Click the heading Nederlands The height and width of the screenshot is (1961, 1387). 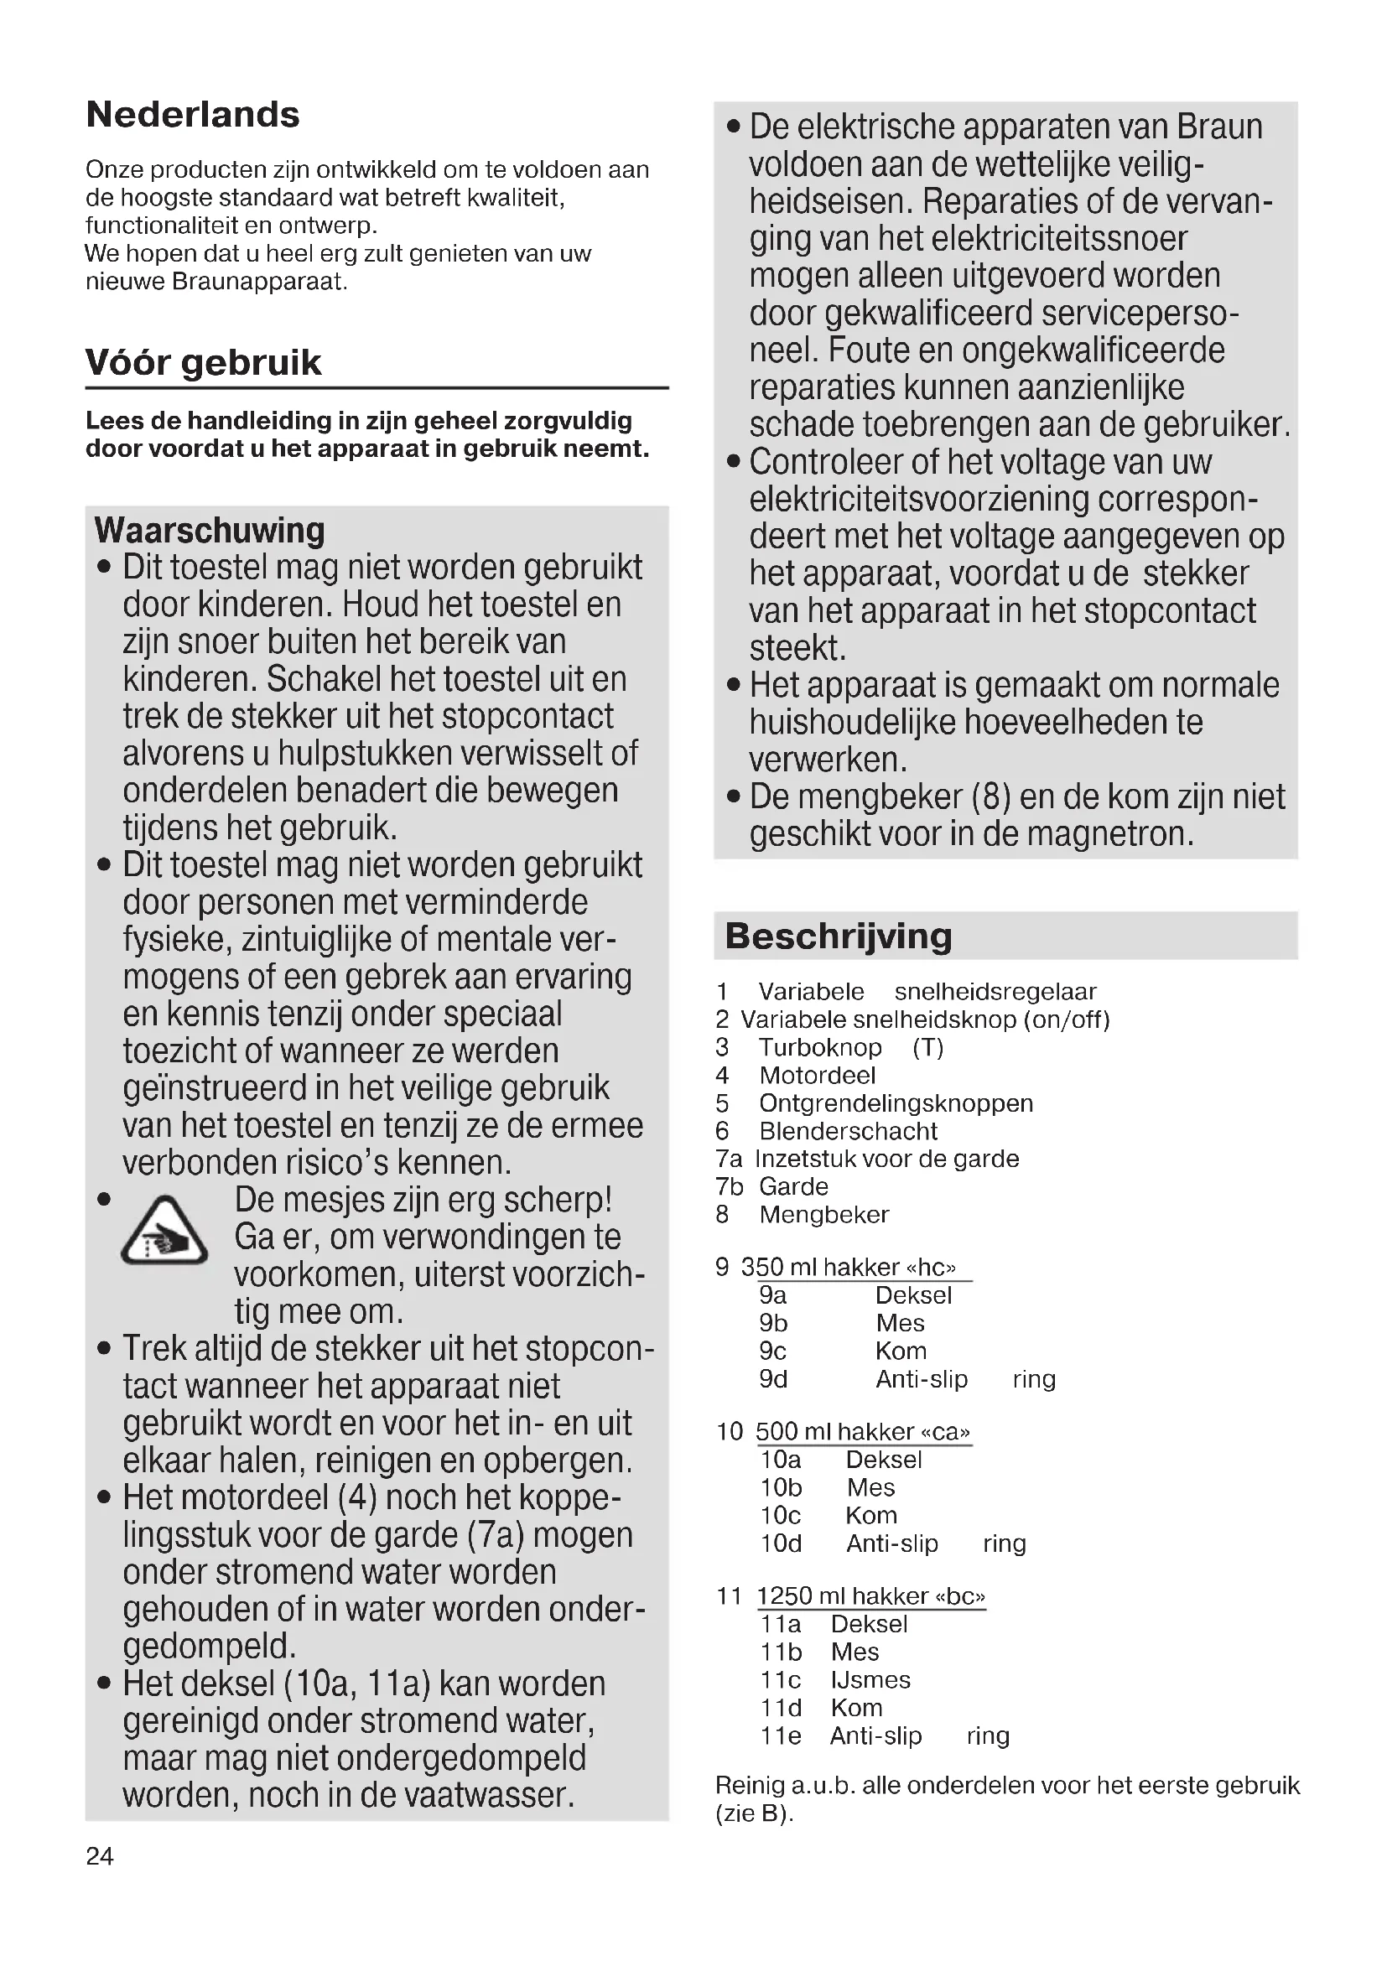coord(193,115)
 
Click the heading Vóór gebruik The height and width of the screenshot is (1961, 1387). coord(203,363)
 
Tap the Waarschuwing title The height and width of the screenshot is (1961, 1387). coord(210,531)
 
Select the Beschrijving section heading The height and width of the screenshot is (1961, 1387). coord(838,936)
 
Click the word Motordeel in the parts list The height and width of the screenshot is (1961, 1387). coord(818,1076)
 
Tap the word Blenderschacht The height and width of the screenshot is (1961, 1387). coord(848,1131)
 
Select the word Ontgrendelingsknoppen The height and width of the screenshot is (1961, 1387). coord(896,1103)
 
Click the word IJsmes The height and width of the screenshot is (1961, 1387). coord(870,1680)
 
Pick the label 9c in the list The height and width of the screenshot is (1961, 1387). coord(772,1351)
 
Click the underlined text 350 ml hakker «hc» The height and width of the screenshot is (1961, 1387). coord(848,1268)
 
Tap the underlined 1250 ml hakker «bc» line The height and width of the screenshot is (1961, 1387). coord(870,1596)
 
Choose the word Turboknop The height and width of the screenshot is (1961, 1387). coord(820,1047)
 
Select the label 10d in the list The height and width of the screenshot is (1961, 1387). coord(781,1543)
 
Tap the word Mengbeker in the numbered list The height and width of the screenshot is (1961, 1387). coord(824,1215)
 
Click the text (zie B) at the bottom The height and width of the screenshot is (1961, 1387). coord(754,1813)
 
